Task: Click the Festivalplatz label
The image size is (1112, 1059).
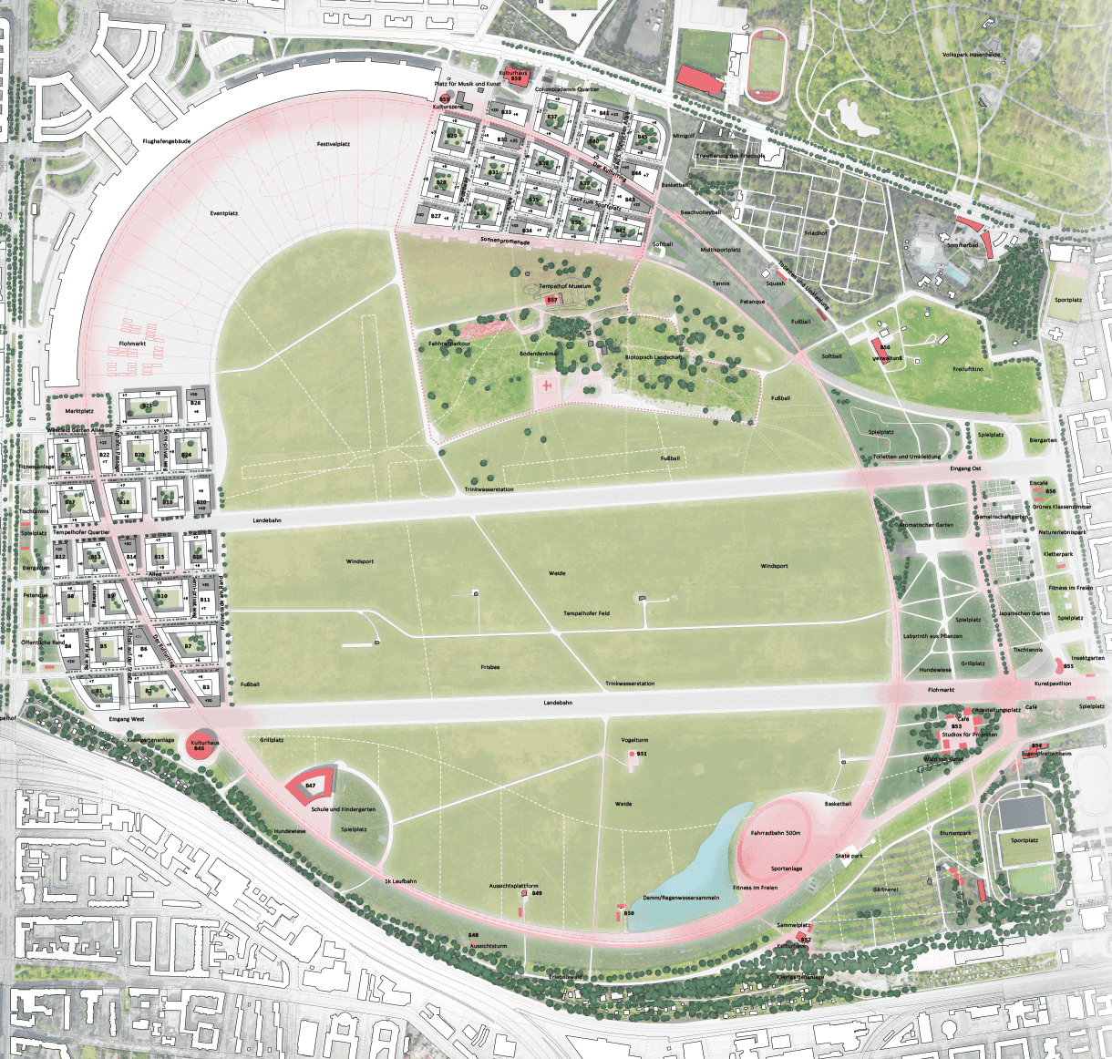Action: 334,144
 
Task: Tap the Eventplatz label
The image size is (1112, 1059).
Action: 223,213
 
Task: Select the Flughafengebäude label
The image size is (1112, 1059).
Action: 165,141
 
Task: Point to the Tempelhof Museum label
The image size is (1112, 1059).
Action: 564,286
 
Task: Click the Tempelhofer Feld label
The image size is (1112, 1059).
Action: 586,613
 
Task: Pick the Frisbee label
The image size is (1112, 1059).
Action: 490,667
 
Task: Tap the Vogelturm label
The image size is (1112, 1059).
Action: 633,740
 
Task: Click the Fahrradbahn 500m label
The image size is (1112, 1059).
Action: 776,833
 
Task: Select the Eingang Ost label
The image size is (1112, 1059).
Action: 965,468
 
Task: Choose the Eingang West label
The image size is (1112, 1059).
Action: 126,719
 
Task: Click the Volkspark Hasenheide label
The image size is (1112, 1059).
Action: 996,55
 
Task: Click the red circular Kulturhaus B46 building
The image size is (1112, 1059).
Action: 204,745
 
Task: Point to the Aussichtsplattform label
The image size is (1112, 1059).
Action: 513,886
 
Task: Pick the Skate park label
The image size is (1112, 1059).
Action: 849,857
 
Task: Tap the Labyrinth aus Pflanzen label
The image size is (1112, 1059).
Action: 932,635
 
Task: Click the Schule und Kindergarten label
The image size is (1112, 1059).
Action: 343,809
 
